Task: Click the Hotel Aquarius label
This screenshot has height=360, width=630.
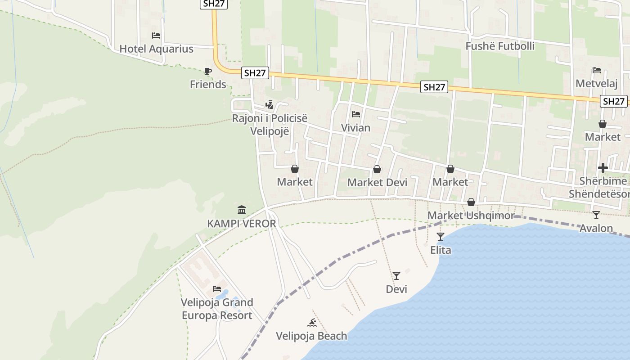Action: pos(156,49)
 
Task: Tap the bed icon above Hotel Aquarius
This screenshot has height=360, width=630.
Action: pos(156,36)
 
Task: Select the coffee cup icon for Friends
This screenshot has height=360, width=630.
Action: pos(207,71)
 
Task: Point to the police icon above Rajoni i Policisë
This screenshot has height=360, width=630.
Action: pos(269,105)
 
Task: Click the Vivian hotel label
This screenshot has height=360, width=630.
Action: pos(355,128)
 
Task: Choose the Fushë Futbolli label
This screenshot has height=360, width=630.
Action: pos(500,46)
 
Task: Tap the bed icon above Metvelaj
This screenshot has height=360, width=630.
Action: pos(597,70)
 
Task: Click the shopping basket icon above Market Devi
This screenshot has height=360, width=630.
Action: pos(377,169)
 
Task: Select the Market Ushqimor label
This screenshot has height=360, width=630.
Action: pos(471,216)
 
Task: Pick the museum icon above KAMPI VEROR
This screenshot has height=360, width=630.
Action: pos(242,210)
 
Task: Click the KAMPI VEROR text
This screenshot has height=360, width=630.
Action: pos(241,224)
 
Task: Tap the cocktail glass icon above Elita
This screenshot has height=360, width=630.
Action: pos(441,236)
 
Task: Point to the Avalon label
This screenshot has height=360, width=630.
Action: pos(596,228)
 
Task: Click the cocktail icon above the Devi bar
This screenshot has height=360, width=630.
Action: pos(396,276)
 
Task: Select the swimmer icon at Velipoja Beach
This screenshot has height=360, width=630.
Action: pos(311,323)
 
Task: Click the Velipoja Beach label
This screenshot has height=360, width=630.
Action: pos(311,336)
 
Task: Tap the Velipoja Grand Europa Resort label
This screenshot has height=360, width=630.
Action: pos(217,309)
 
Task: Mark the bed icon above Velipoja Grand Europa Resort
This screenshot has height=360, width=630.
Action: pos(217,288)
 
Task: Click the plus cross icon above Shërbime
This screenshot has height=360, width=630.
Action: pos(603,168)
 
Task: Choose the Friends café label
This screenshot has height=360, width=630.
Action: pos(208,85)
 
